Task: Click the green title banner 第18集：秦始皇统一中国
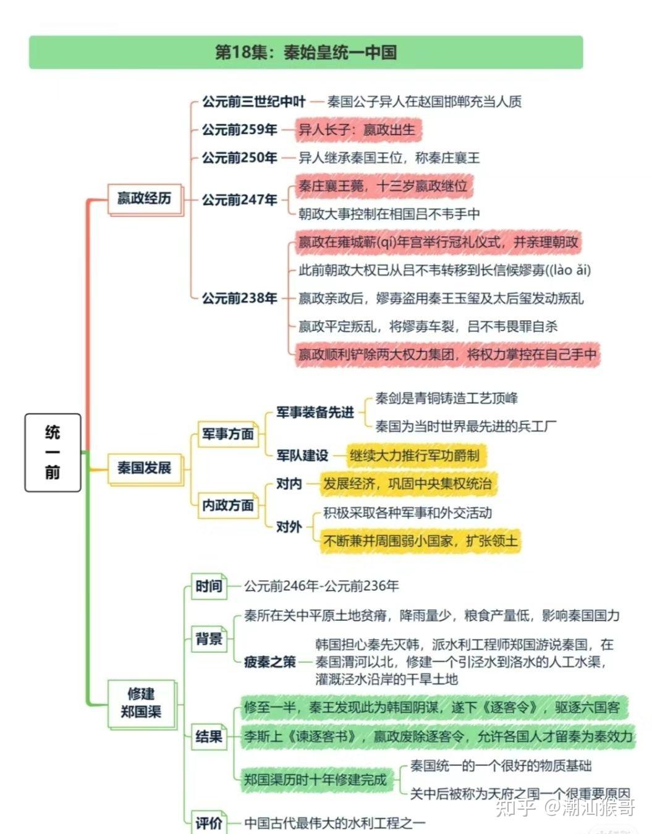click(306, 53)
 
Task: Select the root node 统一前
click(53, 452)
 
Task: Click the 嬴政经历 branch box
click(145, 198)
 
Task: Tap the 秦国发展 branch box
click(145, 468)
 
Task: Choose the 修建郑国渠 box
click(142, 702)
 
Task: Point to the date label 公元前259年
click(239, 130)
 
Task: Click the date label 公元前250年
click(239, 158)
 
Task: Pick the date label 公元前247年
click(239, 200)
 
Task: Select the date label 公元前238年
click(239, 298)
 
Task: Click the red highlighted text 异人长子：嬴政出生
click(357, 130)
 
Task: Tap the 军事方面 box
click(227, 434)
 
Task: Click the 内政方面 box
click(227, 505)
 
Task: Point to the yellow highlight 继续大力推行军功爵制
click(415, 456)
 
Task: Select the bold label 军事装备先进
click(315, 412)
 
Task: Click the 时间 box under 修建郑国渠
click(209, 586)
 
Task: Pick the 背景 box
click(209, 638)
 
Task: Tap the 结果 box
click(209, 736)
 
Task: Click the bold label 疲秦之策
click(269, 662)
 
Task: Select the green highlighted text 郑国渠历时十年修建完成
click(315, 780)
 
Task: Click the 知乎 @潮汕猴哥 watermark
click(566, 807)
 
